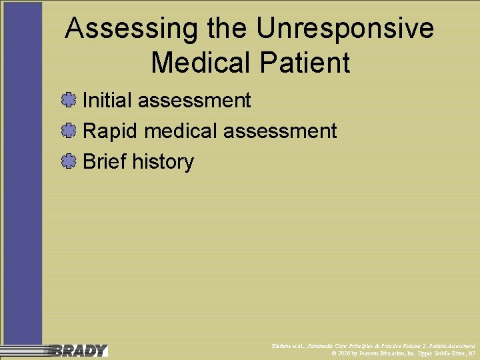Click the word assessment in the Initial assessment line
[194, 101]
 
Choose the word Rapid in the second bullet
[110, 131]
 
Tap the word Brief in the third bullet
[104, 162]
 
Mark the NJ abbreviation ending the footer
[471, 353]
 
